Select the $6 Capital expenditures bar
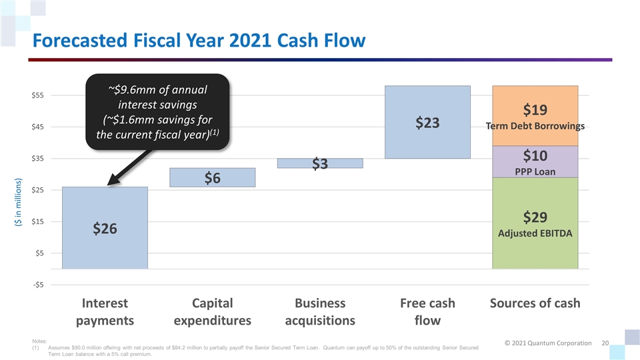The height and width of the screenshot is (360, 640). click(213, 177)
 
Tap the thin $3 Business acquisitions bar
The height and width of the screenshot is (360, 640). click(321, 163)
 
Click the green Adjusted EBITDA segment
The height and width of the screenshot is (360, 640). click(535, 223)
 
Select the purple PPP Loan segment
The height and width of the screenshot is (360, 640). click(535, 162)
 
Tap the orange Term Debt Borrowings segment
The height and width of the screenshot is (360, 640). click(535, 115)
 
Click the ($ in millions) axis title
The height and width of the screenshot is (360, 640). click(18, 203)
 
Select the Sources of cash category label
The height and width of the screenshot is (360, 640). click(535, 303)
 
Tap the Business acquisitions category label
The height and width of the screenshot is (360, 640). click(321, 311)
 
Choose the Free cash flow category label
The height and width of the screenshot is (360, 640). click(427, 311)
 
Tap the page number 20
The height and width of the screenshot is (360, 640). click(605, 343)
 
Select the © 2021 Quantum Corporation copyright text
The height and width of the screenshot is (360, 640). click(547, 343)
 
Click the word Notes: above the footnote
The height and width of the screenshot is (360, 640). click(30, 341)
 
